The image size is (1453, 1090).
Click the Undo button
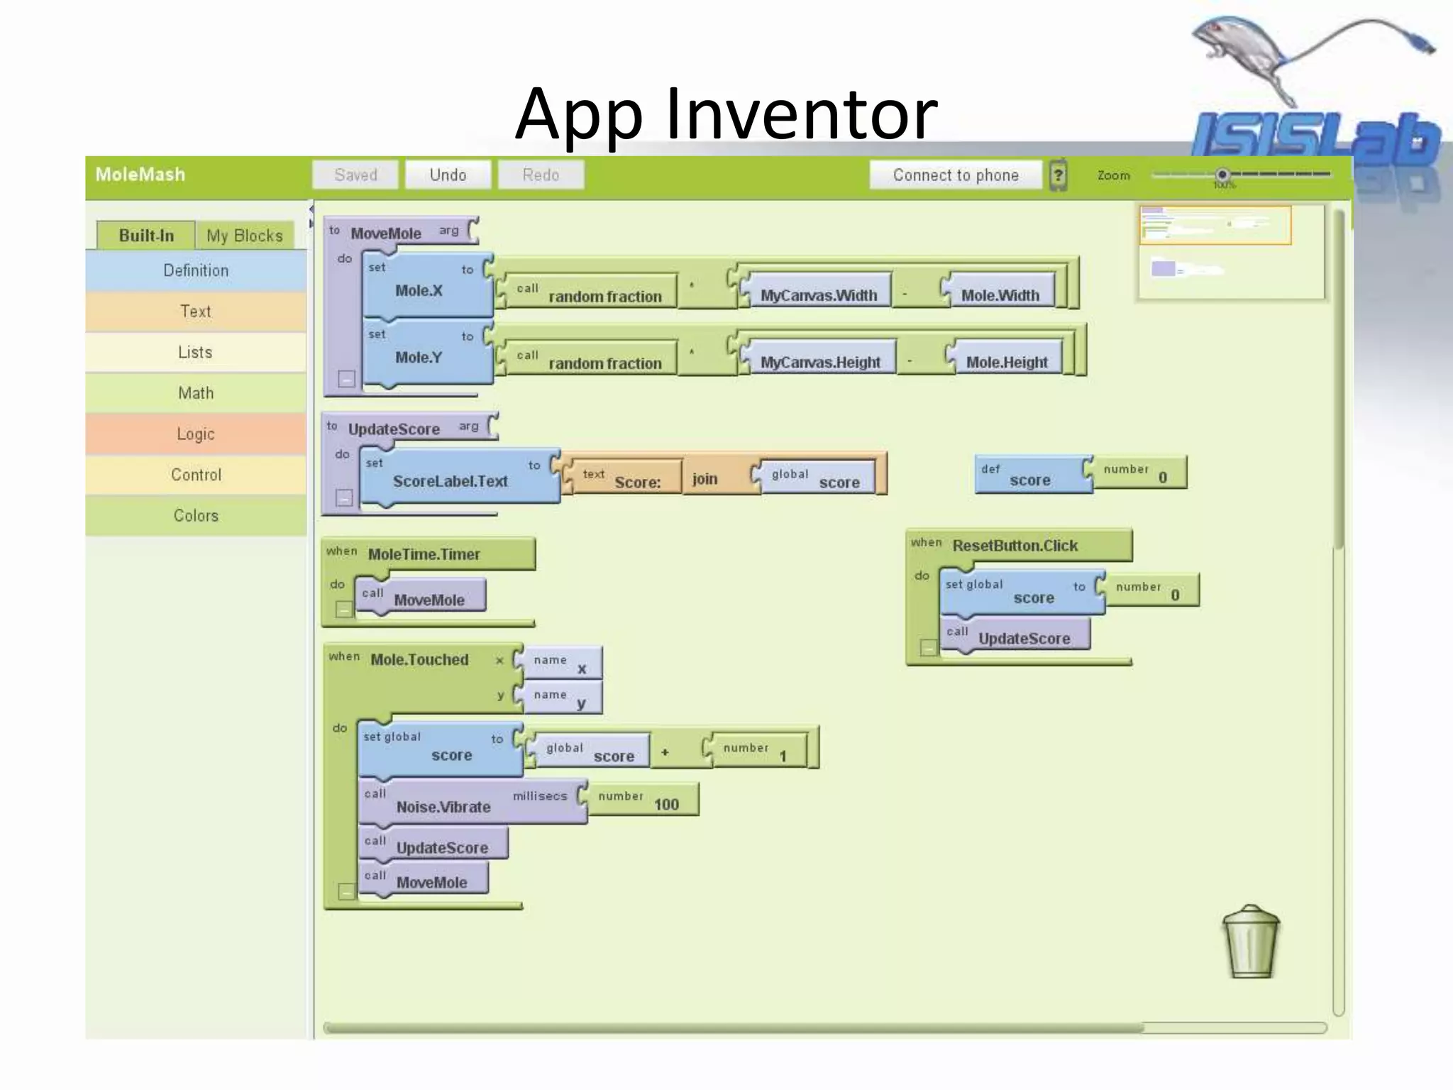448,175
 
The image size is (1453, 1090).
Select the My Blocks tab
244,236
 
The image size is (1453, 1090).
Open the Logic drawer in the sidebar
196,434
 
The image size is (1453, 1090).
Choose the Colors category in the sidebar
196,516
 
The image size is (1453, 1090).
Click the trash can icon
1251,942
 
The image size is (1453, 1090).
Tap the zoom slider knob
1222,175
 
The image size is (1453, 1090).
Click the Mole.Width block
1000,294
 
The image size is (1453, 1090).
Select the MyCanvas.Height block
819,362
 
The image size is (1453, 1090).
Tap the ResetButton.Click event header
1016,546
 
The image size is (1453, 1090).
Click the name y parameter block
563,698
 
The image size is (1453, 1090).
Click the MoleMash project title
140,175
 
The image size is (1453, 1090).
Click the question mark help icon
1058,175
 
